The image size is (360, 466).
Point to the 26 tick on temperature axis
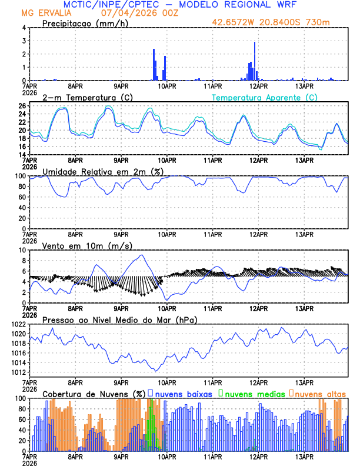pos(22,106)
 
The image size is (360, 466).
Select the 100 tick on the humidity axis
pos(19,176)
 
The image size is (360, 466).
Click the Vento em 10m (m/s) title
pos(87,245)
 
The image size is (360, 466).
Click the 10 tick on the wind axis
pos(22,250)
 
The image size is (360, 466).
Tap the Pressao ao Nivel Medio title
pos(120,319)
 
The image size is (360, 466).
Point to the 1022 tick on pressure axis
pos(18,325)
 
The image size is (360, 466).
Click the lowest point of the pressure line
pos(156,371)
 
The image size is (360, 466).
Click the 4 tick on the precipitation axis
pos(24,28)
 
